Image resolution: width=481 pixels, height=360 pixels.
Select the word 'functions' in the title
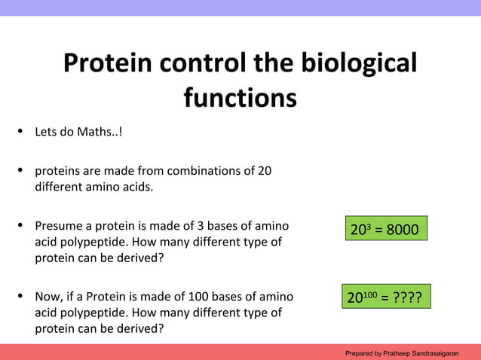pyautogui.click(x=240, y=98)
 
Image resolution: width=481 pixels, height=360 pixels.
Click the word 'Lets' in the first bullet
pyautogui.click(x=46, y=133)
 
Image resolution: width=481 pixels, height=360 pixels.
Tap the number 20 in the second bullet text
pyautogui.click(x=265, y=170)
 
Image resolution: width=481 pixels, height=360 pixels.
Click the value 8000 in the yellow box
pyautogui.click(x=402, y=230)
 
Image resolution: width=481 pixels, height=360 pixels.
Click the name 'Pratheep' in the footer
pyautogui.click(x=395, y=353)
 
